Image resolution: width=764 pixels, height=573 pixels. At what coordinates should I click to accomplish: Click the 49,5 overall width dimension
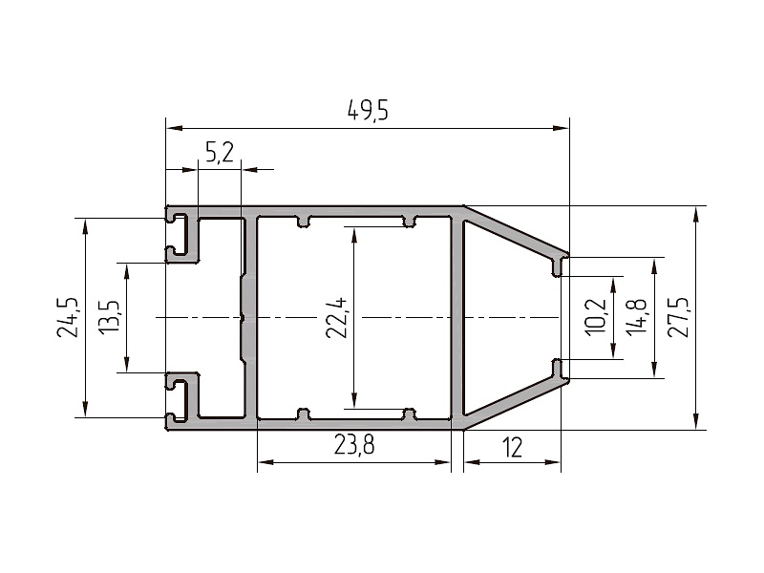click(368, 111)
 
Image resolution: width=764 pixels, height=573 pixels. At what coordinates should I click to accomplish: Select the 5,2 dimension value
click(220, 153)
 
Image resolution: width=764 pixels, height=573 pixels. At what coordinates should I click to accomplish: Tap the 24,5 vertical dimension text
click(68, 317)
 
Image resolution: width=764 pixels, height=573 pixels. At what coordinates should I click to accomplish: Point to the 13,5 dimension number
click(110, 317)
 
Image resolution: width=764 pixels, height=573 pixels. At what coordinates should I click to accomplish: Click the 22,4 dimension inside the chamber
click(337, 318)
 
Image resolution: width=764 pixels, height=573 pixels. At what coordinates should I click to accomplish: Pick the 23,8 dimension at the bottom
click(354, 444)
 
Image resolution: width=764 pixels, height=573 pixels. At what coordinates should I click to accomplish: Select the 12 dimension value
click(512, 447)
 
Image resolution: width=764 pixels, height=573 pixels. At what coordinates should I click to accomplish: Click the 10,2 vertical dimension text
click(596, 317)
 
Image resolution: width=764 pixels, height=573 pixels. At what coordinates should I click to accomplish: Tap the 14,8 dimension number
click(637, 317)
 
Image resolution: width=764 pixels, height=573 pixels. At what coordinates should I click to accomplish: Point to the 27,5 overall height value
click(678, 317)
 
